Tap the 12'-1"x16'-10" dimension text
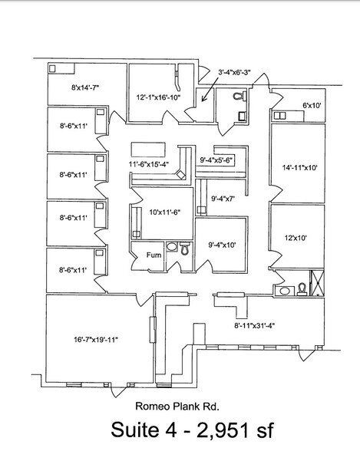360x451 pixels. (x=158, y=98)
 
